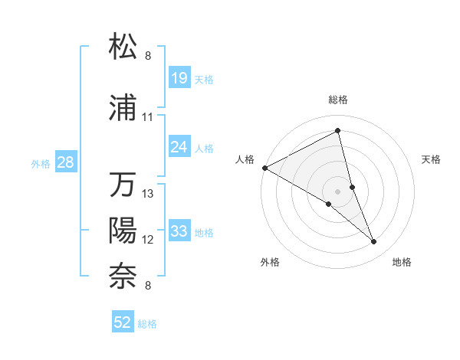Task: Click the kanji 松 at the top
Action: pyautogui.click(x=123, y=46)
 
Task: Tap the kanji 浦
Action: pyautogui.click(x=123, y=110)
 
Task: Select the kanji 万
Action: pyautogui.click(x=123, y=185)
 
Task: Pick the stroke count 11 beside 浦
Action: pyautogui.click(x=148, y=118)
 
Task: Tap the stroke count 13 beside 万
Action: pyautogui.click(x=148, y=194)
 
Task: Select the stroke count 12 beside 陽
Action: pyautogui.click(x=148, y=240)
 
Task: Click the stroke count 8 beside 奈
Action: pyautogui.click(x=148, y=286)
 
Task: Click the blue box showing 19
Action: pyautogui.click(x=179, y=77)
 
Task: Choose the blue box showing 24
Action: pyautogui.click(x=179, y=146)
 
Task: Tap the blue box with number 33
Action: pyautogui.click(x=179, y=231)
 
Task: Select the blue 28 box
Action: pyautogui.click(x=66, y=162)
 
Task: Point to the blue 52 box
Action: pyautogui.click(x=123, y=322)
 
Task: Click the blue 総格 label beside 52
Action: pyautogui.click(x=147, y=324)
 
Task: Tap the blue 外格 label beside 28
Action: pyautogui.click(x=41, y=163)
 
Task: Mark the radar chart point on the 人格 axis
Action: pyautogui.click(x=264, y=167)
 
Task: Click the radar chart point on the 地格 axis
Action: pyautogui.click(x=374, y=242)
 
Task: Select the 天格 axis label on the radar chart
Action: pyautogui.click(x=432, y=159)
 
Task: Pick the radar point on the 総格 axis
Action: pyautogui.click(x=338, y=130)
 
